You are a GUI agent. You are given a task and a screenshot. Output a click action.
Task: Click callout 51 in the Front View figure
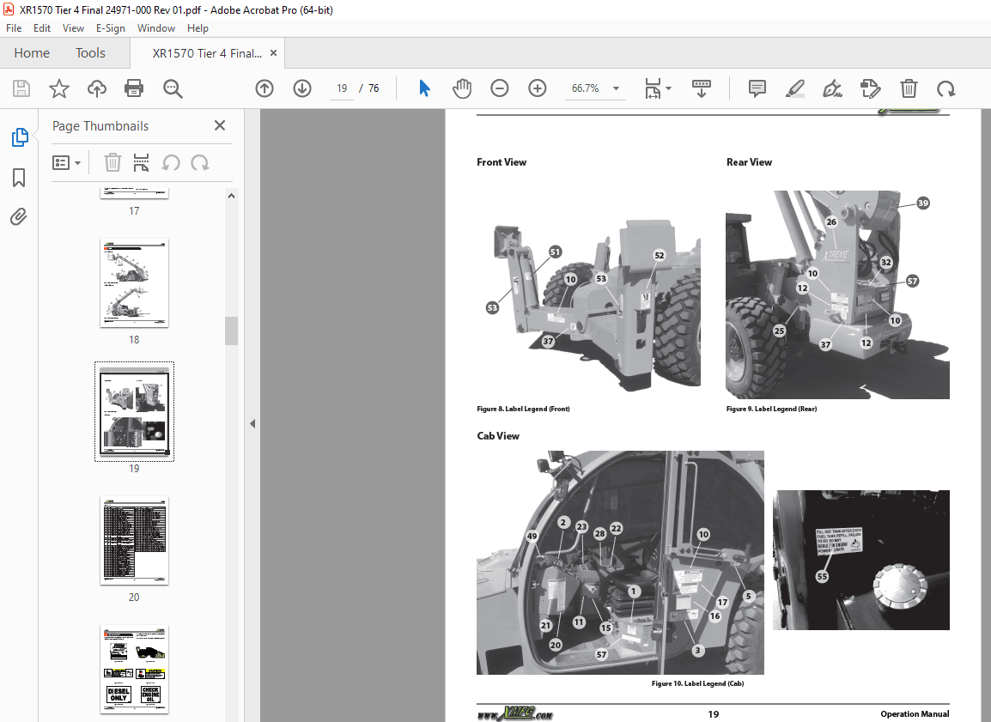point(556,252)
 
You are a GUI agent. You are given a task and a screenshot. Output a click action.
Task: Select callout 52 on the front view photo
point(659,256)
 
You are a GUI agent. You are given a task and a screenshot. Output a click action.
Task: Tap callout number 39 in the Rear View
point(922,203)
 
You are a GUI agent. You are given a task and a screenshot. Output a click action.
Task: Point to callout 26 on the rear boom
point(830,222)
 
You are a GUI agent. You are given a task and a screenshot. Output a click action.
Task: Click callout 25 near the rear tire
point(779,331)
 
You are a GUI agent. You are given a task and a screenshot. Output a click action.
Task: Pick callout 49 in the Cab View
point(532,537)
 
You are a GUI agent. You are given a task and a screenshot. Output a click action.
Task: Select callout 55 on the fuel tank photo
point(822,577)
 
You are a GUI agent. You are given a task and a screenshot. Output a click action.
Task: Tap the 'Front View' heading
point(502,162)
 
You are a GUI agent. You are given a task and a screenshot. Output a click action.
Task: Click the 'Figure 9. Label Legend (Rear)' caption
point(771,410)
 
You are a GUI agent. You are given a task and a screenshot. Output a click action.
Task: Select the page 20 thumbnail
point(134,541)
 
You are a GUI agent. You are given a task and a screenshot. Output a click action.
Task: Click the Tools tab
point(90,53)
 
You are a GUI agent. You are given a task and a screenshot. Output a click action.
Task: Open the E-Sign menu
point(110,28)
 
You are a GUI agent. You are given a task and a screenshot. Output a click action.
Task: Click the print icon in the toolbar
point(134,88)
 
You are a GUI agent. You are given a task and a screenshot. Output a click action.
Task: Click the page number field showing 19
point(342,88)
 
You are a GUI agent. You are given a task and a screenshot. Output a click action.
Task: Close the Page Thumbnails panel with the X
point(220,126)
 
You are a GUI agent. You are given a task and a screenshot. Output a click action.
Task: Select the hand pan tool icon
point(462,88)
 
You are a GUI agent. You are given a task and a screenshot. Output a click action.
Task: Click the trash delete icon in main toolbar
point(909,88)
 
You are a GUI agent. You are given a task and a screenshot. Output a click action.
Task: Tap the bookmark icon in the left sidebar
point(19,178)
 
